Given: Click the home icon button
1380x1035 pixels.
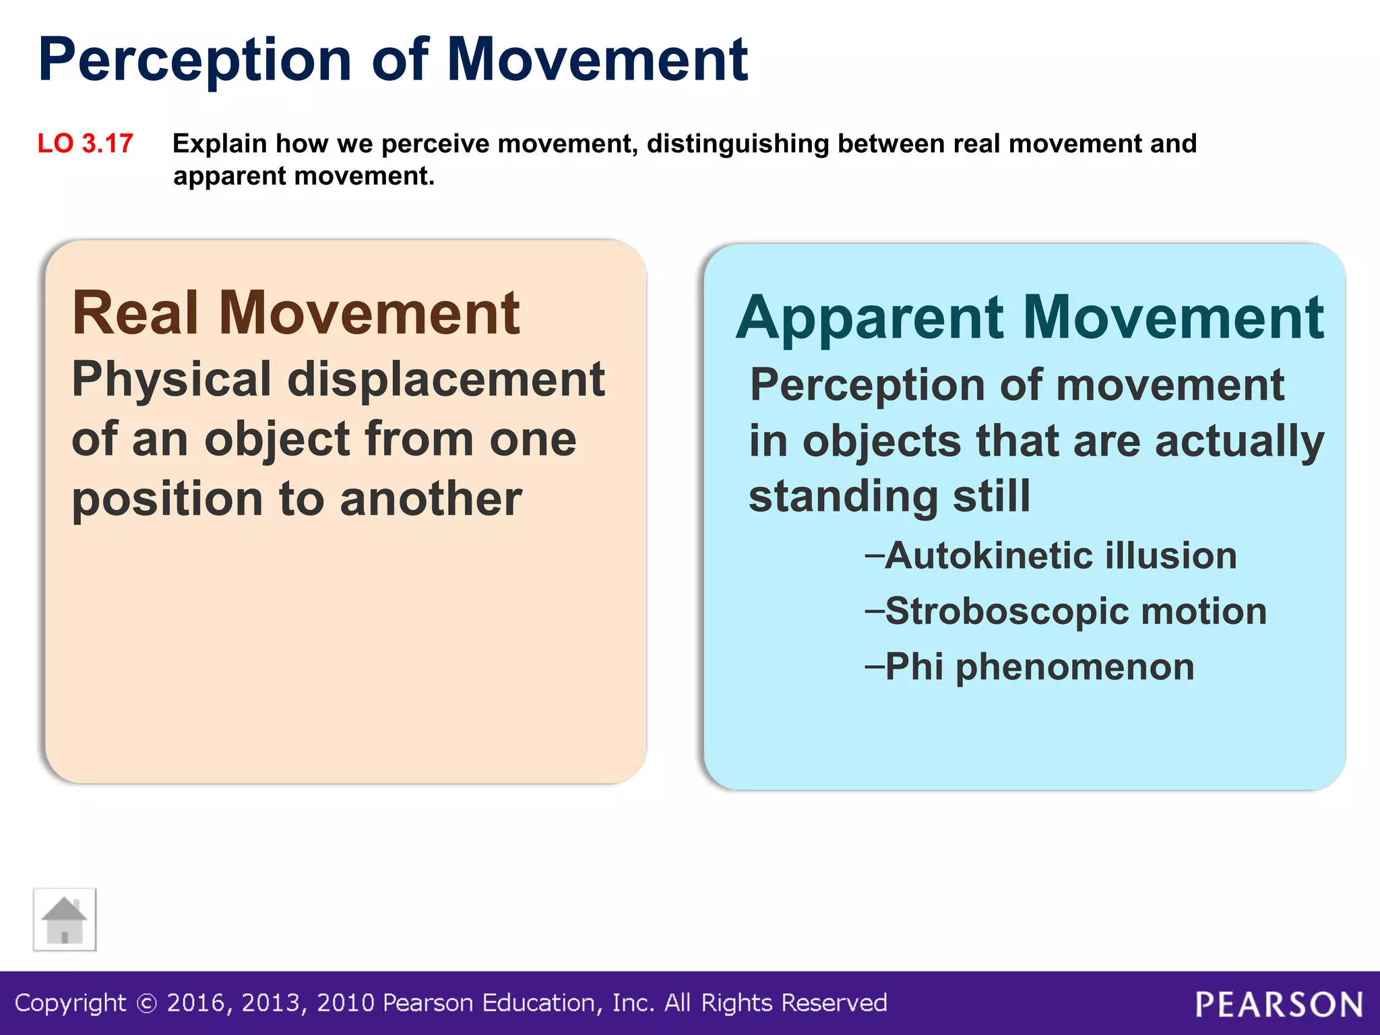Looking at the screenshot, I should point(65,920).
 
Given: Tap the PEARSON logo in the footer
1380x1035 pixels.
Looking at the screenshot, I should point(1279,1005).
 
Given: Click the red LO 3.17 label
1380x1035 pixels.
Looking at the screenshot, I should point(86,144).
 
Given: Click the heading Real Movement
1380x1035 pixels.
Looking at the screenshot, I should point(296,313).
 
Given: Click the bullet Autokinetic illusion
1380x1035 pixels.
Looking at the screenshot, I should point(1060,556).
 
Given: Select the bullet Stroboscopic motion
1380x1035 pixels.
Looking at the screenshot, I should point(1075,611).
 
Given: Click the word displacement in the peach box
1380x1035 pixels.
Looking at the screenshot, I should point(446,379).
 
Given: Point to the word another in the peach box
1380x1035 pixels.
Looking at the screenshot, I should point(431,499).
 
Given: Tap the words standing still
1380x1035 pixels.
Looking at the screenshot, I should point(889,496).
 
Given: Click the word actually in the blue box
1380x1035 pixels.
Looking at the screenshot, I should point(1239,441).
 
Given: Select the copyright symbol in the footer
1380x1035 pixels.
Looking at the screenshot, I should point(147,1004).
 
